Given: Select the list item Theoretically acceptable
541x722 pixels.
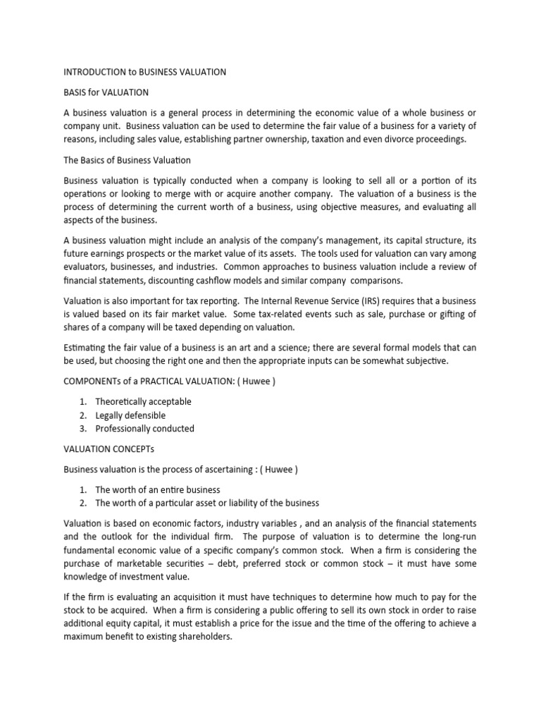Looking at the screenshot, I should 143,402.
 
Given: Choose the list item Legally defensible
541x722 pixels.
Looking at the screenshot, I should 130,415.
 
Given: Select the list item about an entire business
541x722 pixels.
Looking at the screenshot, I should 157,489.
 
